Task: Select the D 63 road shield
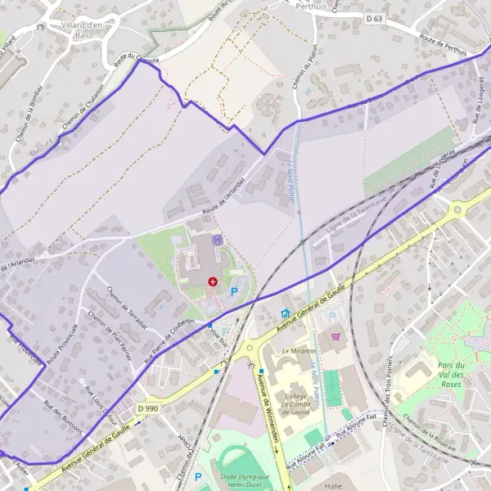(374, 17)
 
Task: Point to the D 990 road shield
(147, 408)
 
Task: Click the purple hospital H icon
(217, 240)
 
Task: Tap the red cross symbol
(213, 282)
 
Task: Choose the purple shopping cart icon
(335, 336)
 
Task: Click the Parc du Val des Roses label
(452, 374)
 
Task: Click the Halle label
(333, 485)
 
